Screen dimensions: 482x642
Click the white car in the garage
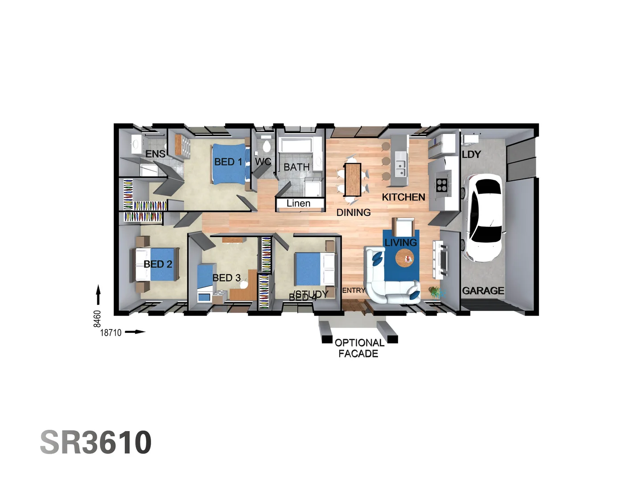[x=483, y=218]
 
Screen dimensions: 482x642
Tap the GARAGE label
[x=483, y=291]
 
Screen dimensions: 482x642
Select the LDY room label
[x=471, y=154]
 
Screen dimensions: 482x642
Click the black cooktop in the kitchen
[x=442, y=185]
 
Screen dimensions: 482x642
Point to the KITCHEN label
[x=403, y=197]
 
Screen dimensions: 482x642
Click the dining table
[x=352, y=179]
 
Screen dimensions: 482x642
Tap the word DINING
[x=353, y=212]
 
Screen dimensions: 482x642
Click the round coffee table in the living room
[x=405, y=258]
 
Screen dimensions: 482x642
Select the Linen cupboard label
[x=298, y=204]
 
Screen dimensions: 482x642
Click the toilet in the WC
[x=267, y=145]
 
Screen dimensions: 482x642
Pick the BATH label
[x=296, y=167]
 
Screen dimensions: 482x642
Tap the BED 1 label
[x=228, y=162]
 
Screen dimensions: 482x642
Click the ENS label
[x=155, y=154]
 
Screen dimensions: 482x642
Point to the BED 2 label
[x=158, y=264]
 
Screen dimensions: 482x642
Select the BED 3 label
[x=226, y=278]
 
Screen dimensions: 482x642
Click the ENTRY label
[x=353, y=291]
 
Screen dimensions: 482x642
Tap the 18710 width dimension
[x=111, y=332]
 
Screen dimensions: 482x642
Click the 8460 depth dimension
[x=97, y=319]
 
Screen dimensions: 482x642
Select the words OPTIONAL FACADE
[x=359, y=348]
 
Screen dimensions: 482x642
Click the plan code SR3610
[x=96, y=442]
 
